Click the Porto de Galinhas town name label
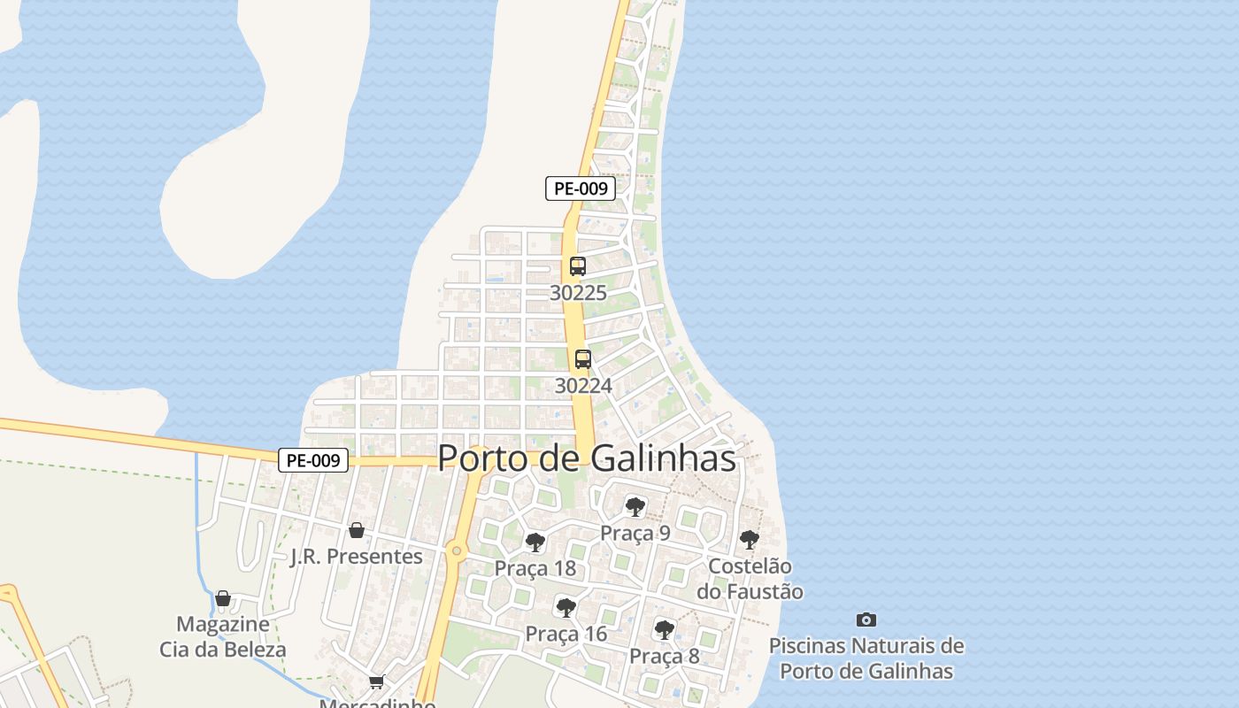click(587, 458)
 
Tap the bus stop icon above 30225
click(578, 265)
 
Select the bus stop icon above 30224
click(582, 359)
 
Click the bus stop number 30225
click(578, 293)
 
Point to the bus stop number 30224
click(582, 386)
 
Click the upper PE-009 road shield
click(580, 188)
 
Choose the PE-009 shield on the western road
click(313, 460)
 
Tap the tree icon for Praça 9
click(635, 506)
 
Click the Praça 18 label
click(535, 568)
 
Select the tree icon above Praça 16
click(566, 607)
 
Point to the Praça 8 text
click(664, 657)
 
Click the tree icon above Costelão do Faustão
click(749, 539)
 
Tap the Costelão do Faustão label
click(750, 579)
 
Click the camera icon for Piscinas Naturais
click(866, 619)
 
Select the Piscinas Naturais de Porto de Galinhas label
click(866, 658)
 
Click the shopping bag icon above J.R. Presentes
click(357, 530)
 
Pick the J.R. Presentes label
click(357, 557)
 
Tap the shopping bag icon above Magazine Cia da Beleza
click(223, 598)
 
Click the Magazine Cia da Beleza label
click(223, 637)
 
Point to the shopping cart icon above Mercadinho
click(377, 681)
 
